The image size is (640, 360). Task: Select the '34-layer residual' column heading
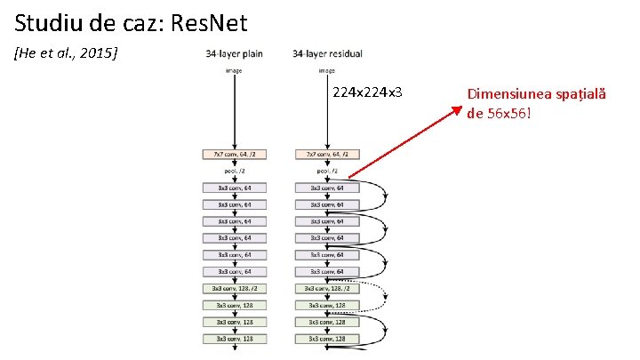[327, 54]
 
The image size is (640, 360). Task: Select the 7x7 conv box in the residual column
[327, 154]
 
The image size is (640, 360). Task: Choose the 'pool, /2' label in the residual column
[327, 171]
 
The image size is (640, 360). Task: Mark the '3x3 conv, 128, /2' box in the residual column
[327, 288]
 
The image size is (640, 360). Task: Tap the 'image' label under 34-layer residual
[327, 69]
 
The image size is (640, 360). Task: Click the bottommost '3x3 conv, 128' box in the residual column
[327, 339]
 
